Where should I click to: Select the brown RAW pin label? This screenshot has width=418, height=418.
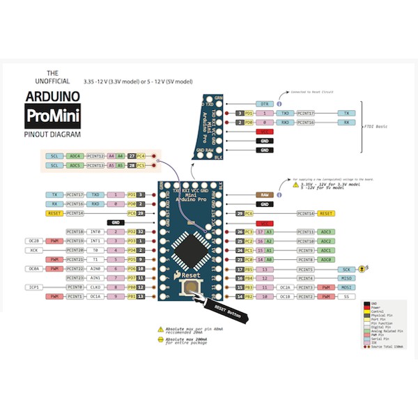pos(265,194)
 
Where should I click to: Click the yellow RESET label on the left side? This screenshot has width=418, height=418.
pos(56,212)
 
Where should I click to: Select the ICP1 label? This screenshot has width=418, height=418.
pos(34,286)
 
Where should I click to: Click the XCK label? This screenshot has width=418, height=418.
pos(34,249)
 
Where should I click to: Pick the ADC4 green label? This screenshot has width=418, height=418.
pos(75,156)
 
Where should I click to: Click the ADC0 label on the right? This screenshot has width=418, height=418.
pos(325,258)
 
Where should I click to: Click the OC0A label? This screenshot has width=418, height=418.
pos(34,268)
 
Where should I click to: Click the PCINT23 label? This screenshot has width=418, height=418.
pos(75,277)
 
